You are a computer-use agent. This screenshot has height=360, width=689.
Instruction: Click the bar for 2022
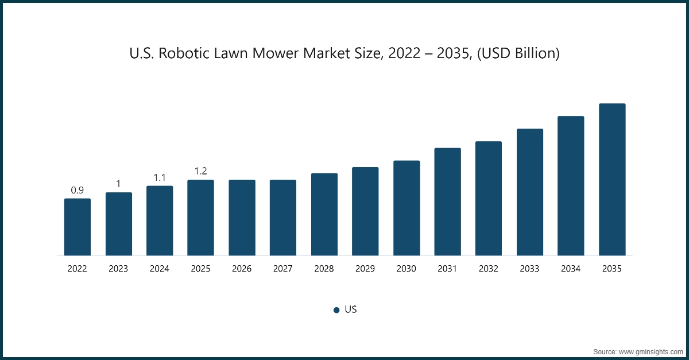(x=78, y=227)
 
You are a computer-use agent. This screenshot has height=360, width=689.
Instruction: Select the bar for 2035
(x=612, y=180)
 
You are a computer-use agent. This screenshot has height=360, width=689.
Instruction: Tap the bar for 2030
(x=407, y=208)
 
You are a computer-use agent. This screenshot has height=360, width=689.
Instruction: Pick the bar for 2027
(x=283, y=218)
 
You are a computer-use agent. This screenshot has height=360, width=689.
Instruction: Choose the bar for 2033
(x=530, y=192)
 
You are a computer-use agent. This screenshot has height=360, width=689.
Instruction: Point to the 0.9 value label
(x=78, y=190)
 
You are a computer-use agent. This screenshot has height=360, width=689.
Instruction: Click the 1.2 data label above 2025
(x=200, y=171)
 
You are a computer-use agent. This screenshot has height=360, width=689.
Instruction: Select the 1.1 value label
(x=160, y=177)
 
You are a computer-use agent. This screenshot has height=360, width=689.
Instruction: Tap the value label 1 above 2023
(x=118, y=184)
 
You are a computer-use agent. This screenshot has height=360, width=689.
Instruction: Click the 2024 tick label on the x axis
(x=160, y=268)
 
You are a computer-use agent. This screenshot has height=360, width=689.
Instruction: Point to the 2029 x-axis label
(x=365, y=268)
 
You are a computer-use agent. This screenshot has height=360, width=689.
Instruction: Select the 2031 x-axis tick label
(x=447, y=268)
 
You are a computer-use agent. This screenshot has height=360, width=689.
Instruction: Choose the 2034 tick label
(x=571, y=268)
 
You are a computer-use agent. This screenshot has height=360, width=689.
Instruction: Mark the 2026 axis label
(x=242, y=268)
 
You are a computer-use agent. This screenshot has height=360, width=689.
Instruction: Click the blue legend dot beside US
(x=336, y=310)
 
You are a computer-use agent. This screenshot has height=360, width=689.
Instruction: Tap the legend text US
(x=351, y=309)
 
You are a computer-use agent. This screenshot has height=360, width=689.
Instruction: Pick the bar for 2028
(x=324, y=214)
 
